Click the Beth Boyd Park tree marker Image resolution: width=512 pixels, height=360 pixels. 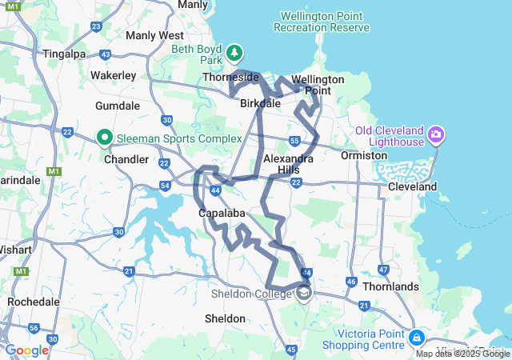(x=234, y=54)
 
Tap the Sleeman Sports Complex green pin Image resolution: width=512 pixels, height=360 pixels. (x=104, y=138)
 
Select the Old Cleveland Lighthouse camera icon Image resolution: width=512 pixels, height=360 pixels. (x=436, y=133)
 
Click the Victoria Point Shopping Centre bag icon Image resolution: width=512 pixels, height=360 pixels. (x=416, y=338)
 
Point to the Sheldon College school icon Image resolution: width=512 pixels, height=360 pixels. (x=304, y=294)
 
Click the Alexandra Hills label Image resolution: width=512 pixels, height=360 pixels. (x=288, y=165)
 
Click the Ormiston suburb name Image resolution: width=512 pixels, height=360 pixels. (x=364, y=155)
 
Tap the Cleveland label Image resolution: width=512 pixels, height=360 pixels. (x=413, y=186)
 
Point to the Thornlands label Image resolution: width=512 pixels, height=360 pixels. (x=390, y=286)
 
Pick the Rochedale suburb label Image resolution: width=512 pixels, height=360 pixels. (x=34, y=302)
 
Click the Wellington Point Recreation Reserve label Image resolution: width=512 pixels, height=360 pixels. (x=322, y=22)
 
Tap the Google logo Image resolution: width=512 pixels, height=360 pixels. (x=26, y=350)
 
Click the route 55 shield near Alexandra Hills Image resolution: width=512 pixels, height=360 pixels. (x=294, y=141)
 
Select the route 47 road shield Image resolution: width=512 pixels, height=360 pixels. (x=384, y=270)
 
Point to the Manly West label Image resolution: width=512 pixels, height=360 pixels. (x=154, y=35)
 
